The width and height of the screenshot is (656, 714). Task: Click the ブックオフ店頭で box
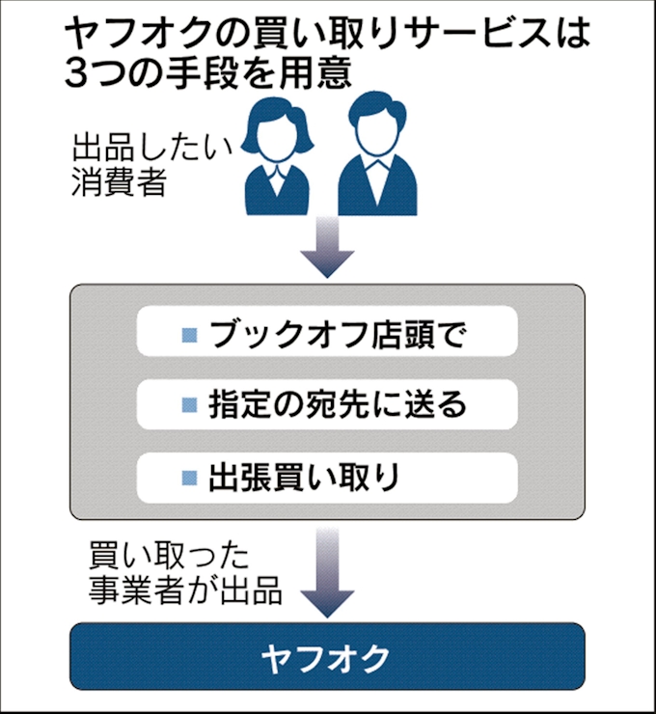tap(327, 334)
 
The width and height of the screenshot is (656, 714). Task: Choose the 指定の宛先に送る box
tap(327, 405)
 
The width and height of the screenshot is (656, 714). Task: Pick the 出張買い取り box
tap(327, 478)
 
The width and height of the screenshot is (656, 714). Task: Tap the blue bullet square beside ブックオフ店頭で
tap(190, 335)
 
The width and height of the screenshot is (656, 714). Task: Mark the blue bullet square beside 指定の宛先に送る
tap(190, 406)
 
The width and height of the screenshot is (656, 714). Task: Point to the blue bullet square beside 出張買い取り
tap(190, 479)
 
